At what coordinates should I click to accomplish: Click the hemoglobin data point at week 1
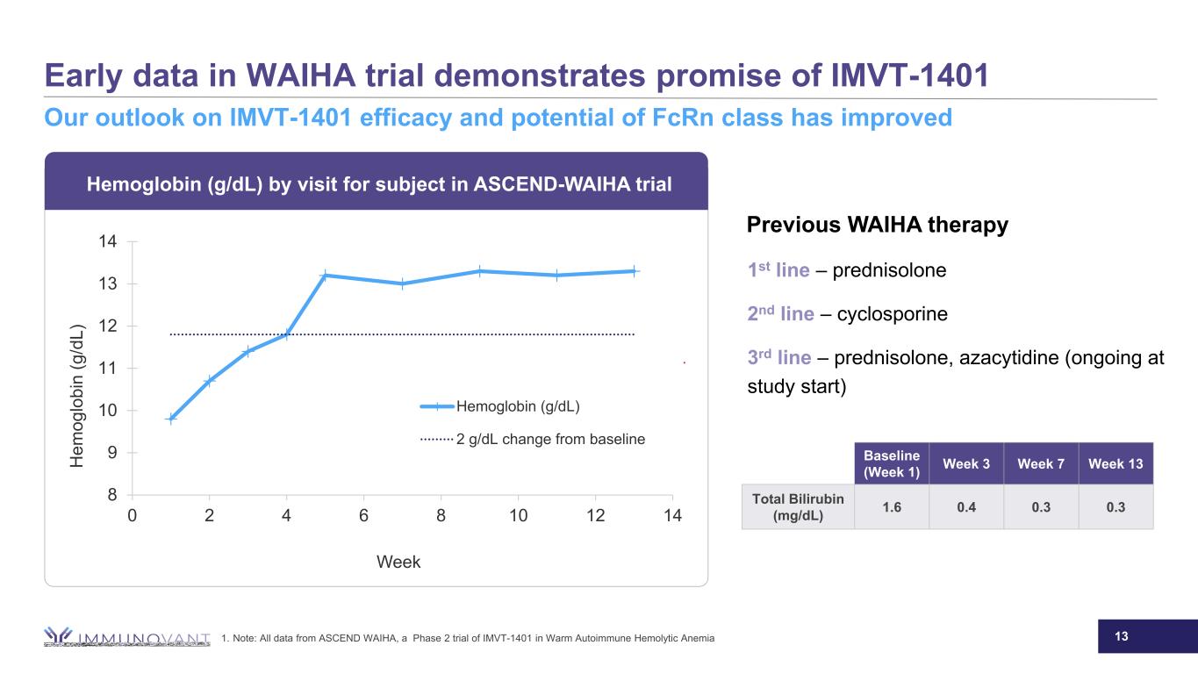click(171, 419)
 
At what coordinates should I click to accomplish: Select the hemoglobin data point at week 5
click(325, 276)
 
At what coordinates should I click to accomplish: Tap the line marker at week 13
click(635, 271)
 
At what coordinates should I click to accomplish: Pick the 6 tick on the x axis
click(363, 515)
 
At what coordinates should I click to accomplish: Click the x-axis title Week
click(398, 563)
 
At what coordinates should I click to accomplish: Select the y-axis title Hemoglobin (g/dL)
click(79, 396)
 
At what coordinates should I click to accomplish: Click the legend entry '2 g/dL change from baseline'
click(550, 439)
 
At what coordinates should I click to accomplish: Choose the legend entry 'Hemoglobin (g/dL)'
click(517, 406)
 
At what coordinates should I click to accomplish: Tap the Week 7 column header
click(1041, 463)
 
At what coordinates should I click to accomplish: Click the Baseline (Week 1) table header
click(892, 463)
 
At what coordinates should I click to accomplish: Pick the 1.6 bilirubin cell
click(892, 507)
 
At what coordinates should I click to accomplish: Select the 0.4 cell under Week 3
click(966, 507)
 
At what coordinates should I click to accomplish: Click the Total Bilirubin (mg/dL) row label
click(798, 507)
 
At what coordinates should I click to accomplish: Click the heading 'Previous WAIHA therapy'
click(877, 226)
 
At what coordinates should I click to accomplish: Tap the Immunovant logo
click(128, 637)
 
